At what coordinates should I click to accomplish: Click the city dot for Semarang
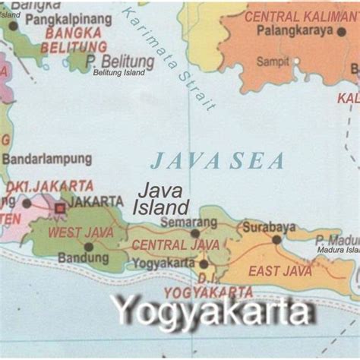pyautogui.click(x=194, y=233)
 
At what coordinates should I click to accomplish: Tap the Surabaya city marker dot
pyautogui.click(x=276, y=239)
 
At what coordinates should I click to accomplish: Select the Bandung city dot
pyautogui.click(x=89, y=246)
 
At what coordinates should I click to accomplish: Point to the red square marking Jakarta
pyautogui.click(x=59, y=207)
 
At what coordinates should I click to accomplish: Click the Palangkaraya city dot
pyautogui.click(x=340, y=31)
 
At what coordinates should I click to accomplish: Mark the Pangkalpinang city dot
pyautogui.click(x=13, y=26)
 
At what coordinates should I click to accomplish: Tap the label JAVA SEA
pyautogui.click(x=217, y=161)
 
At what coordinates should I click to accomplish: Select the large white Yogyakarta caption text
pyautogui.click(x=212, y=312)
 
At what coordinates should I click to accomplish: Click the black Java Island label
pyautogui.click(x=161, y=198)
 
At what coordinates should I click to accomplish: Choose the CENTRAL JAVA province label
pyautogui.click(x=175, y=245)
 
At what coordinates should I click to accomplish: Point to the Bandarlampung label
pyautogui.click(x=46, y=159)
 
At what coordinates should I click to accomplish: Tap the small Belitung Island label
pyautogui.click(x=118, y=73)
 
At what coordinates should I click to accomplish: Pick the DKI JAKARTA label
pyautogui.click(x=50, y=186)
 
